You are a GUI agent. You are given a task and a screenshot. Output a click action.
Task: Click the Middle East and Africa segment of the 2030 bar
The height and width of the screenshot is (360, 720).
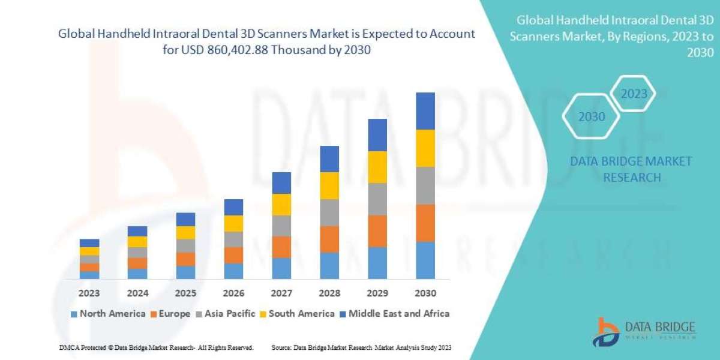coord(425,111)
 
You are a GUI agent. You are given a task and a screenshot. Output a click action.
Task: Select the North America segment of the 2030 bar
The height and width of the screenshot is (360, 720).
coord(425,260)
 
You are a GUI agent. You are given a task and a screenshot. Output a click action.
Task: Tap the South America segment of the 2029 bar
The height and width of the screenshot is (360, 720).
coord(377,167)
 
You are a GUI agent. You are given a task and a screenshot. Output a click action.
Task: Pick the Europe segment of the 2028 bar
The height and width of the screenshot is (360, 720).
coord(329,239)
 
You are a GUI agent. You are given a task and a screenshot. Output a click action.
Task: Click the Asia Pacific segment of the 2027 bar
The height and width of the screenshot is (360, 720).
coord(281,226)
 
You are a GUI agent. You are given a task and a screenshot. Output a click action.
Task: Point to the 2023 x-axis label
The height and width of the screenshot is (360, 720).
coord(89,294)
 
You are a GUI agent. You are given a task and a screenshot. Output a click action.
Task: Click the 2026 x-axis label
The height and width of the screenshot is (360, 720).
coord(233,294)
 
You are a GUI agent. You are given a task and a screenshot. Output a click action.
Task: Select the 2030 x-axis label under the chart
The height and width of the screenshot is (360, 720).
coord(425,294)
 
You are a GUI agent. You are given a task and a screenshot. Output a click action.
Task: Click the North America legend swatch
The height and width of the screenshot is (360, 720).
coord(74,314)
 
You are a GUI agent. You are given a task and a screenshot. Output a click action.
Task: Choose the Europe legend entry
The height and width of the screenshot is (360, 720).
coord(171,313)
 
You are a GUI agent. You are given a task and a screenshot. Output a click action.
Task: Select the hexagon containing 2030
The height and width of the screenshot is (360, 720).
coord(592,116)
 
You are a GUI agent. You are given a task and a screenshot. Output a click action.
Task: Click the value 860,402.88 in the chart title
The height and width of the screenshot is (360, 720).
coord(238,51)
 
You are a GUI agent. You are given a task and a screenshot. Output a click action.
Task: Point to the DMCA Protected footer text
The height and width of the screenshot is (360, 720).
coord(156,347)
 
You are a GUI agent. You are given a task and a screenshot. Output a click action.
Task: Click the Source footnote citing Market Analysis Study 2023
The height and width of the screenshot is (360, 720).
coord(361,347)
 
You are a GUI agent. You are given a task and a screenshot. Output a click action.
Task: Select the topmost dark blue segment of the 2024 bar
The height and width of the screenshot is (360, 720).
coord(137,231)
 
